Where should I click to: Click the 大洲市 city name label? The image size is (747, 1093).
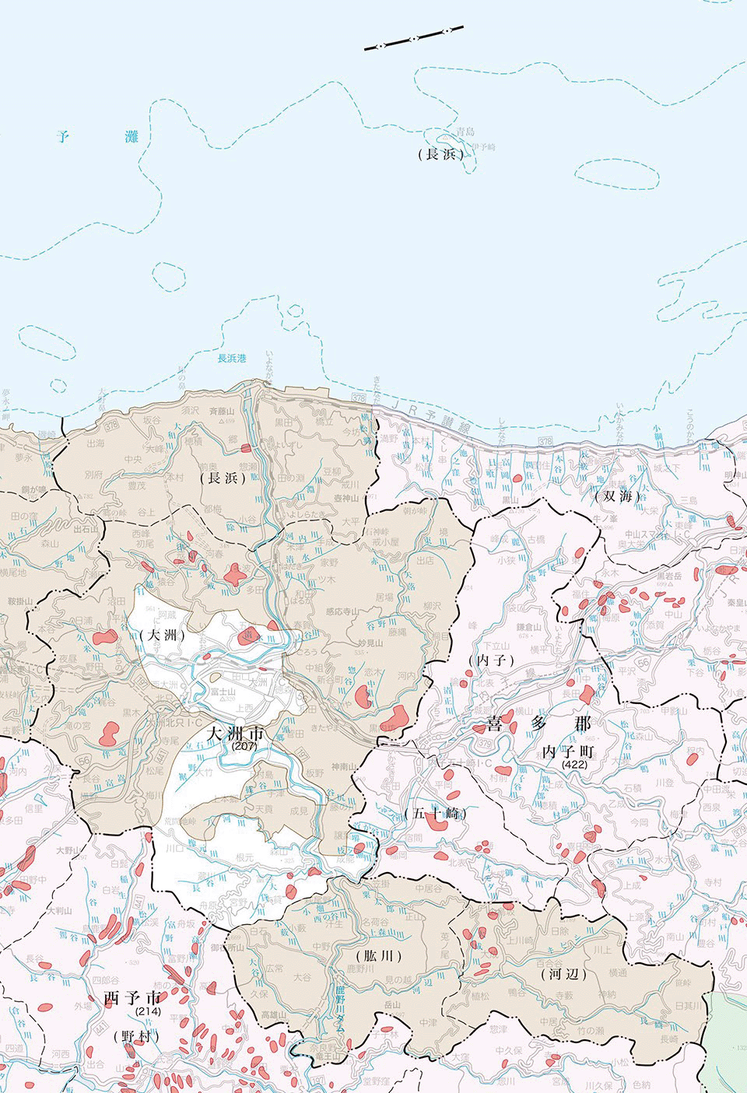point(235,734)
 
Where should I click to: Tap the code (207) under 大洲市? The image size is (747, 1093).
point(244,746)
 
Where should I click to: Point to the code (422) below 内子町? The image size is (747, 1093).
point(575,765)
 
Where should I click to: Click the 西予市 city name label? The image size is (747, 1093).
point(134,998)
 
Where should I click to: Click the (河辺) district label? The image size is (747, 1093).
point(563,973)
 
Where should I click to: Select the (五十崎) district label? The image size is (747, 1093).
point(435,814)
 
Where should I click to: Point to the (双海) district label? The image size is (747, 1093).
point(617,495)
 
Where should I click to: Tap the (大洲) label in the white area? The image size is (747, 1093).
point(164,634)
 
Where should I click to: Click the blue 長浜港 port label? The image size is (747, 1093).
point(231,359)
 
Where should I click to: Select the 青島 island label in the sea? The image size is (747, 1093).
point(465,132)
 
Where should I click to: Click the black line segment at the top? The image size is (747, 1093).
point(414,38)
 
